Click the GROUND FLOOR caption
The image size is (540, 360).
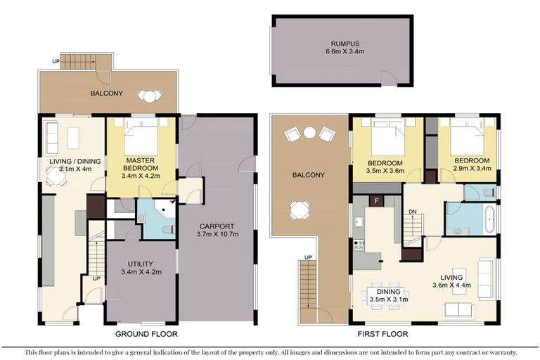coord(147,334)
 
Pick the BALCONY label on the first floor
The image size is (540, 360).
coord(310,175)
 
